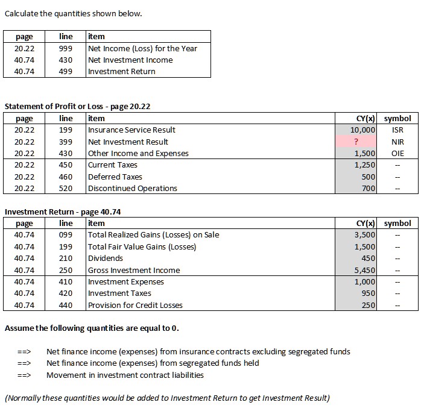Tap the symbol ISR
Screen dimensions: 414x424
point(397,130)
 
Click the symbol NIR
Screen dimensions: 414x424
point(397,142)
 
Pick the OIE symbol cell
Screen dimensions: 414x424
point(397,154)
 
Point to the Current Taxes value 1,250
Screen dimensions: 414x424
point(365,165)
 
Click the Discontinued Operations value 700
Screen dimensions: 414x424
point(369,189)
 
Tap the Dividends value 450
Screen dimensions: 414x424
point(369,259)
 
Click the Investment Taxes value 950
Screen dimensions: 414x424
point(369,293)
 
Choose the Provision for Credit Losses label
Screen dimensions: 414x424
point(135,305)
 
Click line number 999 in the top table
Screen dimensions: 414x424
point(66,48)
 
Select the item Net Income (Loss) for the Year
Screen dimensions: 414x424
point(142,48)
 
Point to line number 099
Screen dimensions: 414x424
point(66,235)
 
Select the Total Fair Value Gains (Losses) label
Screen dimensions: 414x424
point(142,246)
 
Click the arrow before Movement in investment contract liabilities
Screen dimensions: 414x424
point(24,375)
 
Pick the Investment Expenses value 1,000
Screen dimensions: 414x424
point(365,282)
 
